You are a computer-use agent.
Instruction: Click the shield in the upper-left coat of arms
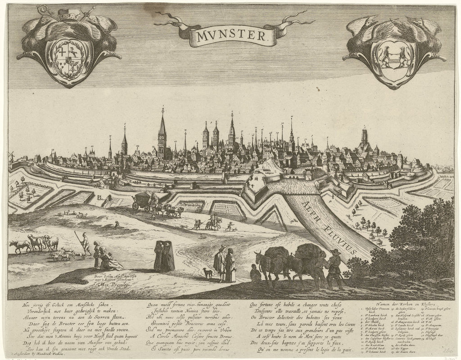click(x=69, y=58)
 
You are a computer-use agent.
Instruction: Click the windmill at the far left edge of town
click(x=11, y=155)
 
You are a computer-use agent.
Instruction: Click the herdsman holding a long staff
click(x=84, y=243)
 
